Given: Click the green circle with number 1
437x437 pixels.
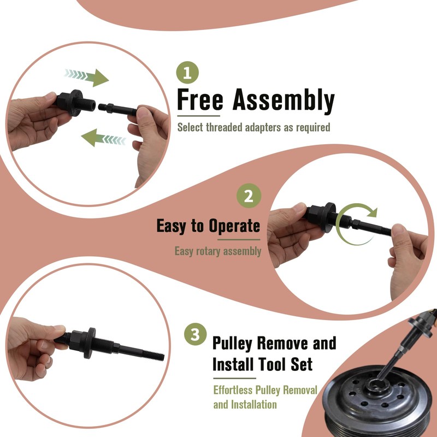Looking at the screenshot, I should [x=187, y=72].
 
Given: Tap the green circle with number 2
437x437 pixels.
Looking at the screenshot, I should [x=249, y=196].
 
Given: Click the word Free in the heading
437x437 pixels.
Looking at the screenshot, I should [x=200, y=101].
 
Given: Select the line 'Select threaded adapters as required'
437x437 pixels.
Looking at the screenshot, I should [x=253, y=127].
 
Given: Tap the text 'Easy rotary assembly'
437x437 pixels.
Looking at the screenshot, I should [x=217, y=251].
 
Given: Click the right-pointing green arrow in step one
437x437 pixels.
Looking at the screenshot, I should [x=87, y=77].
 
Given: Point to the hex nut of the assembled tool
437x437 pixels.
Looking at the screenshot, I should [x=78, y=340].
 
